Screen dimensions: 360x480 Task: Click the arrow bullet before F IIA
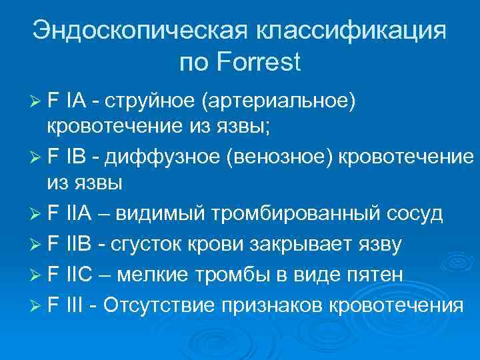pyautogui.click(x=37, y=214)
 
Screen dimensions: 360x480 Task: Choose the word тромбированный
pyautogui.click(x=297, y=214)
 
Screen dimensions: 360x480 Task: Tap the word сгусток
pyautogui.click(x=150, y=245)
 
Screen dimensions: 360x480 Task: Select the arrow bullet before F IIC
pyautogui.click(x=37, y=275)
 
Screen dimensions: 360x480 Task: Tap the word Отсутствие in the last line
pyautogui.click(x=161, y=305)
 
